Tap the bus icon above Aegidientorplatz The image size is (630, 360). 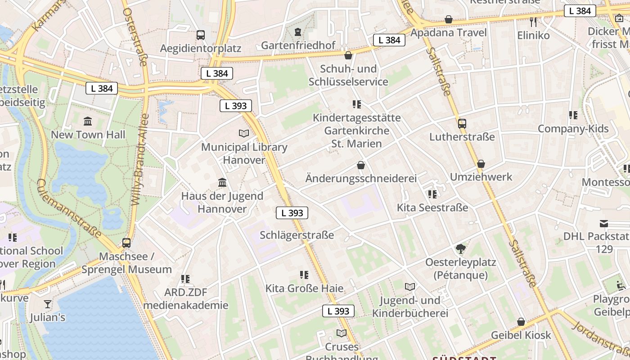point(201,35)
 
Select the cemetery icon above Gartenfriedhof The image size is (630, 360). point(298,32)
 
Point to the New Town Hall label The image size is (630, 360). point(88,135)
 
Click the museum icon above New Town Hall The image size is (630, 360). point(88,121)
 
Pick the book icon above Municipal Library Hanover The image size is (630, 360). point(244,133)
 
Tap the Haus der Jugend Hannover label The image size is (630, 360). point(222,202)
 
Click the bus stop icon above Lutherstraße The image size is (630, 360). point(462,123)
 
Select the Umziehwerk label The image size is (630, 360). point(481,177)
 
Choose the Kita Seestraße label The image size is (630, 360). point(432,207)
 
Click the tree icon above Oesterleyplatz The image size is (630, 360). point(460,248)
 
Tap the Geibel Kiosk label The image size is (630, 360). point(521,335)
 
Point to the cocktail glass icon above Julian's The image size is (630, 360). point(48,304)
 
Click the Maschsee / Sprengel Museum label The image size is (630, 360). point(126,263)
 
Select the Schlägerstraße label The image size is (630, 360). point(297,235)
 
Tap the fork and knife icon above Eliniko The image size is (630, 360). point(533,22)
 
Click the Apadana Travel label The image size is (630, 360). point(449,33)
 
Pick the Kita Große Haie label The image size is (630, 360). point(304,288)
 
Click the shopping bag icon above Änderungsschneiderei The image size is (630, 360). point(360,165)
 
